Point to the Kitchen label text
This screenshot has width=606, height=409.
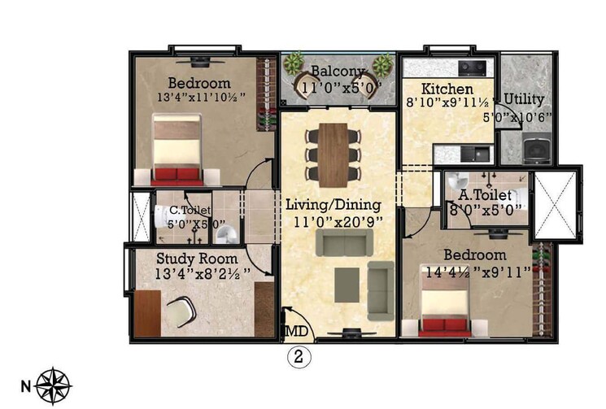pyautogui.click(x=447, y=88)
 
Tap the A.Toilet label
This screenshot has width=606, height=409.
pyautogui.click(x=485, y=195)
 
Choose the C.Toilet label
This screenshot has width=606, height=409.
pyautogui.click(x=184, y=210)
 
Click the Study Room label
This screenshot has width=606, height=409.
pyautogui.click(x=194, y=258)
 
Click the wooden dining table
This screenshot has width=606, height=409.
pyautogui.click(x=333, y=154)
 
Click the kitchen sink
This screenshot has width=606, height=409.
pyautogui.click(x=479, y=152)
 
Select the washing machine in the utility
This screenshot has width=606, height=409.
pyautogui.click(x=536, y=150)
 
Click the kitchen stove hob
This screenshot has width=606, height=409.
pyautogui.click(x=471, y=67)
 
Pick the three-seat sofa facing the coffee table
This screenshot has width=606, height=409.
pyautogui.click(x=344, y=241)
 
